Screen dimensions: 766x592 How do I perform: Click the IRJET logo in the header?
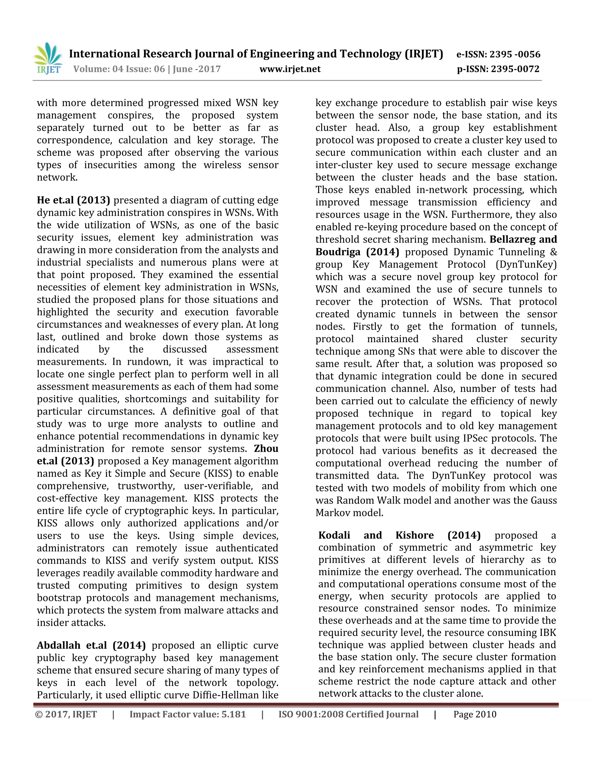click(x=48, y=58)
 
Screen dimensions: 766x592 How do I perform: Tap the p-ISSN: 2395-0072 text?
click(x=498, y=69)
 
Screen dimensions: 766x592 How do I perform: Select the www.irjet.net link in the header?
click(x=290, y=69)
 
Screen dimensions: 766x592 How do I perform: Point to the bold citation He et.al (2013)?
click(x=73, y=200)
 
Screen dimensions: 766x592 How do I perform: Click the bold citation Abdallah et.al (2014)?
click(x=91, y=645)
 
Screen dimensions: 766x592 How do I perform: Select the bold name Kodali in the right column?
click(x=334, y=535)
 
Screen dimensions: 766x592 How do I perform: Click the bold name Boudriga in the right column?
click(x=338, y=252)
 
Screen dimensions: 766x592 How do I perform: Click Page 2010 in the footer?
click(x=475, y=715)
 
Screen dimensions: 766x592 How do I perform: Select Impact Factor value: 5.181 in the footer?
click(x=188, y=715)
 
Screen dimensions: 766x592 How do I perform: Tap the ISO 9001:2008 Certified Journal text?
click(x=348, y=715)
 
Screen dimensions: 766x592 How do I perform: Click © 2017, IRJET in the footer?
click(x=66, y=715)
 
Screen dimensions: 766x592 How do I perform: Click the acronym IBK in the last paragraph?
click(x=547, y=633)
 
